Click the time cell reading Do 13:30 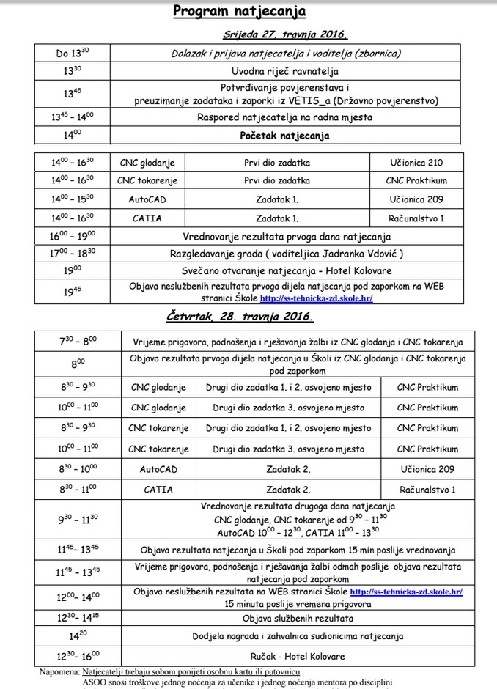coord(71,53)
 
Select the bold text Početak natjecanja coord(284,136)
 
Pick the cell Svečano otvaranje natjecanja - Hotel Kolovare coord(284,271)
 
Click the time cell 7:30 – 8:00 coord(78,342)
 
